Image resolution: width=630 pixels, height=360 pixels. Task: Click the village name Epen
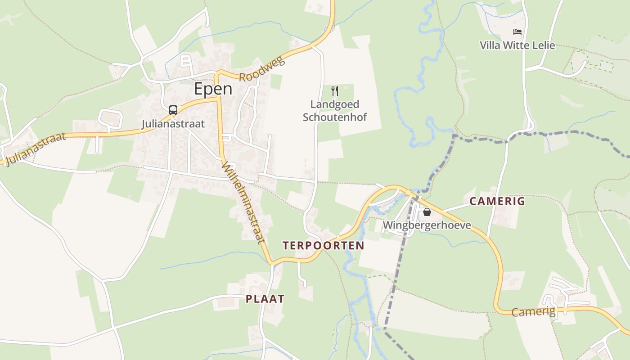213,89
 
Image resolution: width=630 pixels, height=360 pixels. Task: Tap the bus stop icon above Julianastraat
173,110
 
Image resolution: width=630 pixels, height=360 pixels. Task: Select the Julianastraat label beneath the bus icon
173,124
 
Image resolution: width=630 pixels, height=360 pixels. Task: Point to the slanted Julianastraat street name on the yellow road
34,149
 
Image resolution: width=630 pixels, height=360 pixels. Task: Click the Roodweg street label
262,69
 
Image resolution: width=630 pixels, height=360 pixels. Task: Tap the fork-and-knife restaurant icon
334,91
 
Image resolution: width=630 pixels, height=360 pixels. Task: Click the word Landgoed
335,105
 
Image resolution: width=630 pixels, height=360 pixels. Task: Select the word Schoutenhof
335,117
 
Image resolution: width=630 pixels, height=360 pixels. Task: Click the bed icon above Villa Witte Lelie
517,32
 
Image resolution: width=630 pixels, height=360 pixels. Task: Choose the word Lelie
543,45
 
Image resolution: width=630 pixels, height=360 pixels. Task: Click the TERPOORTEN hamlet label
323,245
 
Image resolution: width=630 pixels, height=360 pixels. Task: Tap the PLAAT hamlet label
265,299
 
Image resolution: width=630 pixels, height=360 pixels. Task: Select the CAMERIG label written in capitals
497,201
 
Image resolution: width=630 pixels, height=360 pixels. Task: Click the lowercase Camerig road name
533,311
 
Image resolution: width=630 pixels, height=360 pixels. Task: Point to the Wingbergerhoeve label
427,225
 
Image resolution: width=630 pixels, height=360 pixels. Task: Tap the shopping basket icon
427,212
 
